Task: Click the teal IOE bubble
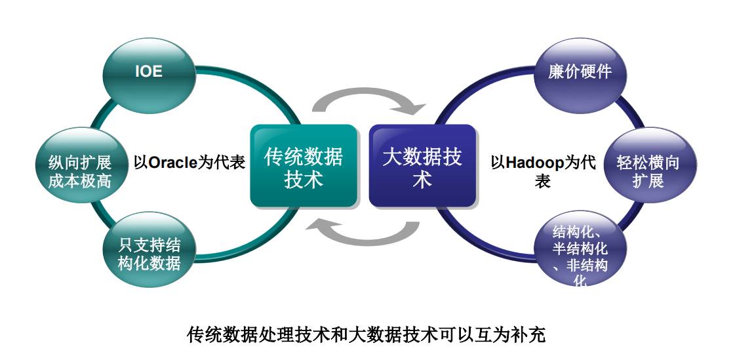(149, 71)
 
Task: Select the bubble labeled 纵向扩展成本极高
(80, 171)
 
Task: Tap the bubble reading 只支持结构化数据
(149, 255)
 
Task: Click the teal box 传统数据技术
(304, 167)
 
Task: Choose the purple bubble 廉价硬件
(580, 71)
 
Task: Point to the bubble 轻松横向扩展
(648, 171)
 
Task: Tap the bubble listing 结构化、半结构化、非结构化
(580, 255)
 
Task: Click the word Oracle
(172, 161)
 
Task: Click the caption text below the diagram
(367, 335)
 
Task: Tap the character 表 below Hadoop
(542, 180)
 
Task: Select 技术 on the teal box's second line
(304, 179)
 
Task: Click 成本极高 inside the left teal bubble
(80, 181)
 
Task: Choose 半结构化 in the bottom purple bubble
(580, 249)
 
